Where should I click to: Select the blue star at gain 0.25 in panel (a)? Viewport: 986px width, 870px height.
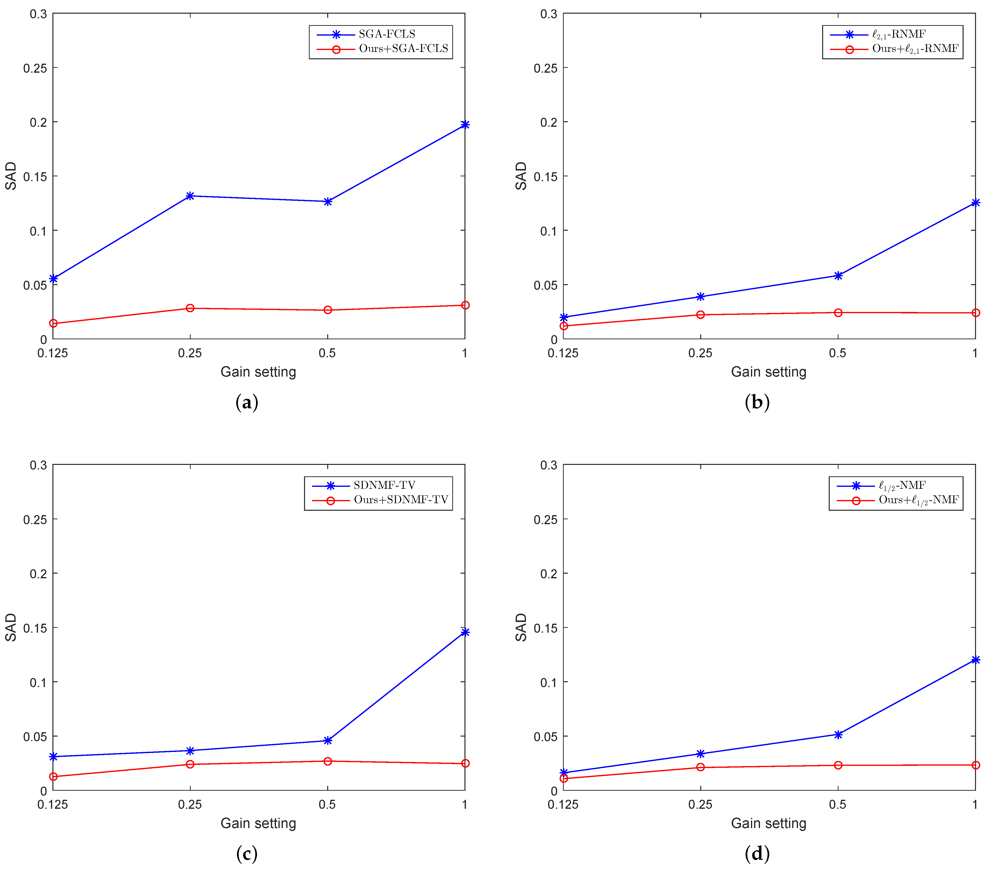point(190,196)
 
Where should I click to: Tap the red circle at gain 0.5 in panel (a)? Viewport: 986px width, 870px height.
point(327,310)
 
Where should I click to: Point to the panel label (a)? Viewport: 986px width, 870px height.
point(246,402)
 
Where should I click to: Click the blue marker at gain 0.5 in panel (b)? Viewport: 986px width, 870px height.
point(838,276)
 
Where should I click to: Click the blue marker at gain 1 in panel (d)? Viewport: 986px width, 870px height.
point(975,660)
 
